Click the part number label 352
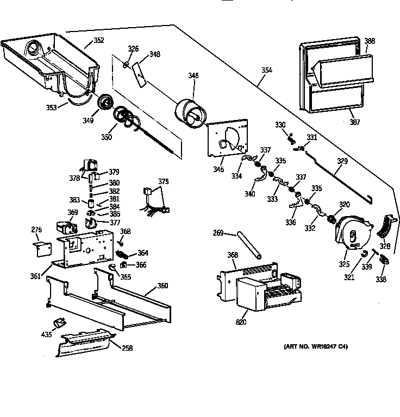coord(98,40)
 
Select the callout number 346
coord(193,76)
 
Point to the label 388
coord(369,41)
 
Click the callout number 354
coord(266,70)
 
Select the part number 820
coord(241,322)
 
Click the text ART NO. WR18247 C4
coord(315,346)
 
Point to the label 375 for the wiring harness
coord(164,182)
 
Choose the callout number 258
coord(127,348)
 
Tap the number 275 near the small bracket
coord(36,230)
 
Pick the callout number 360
coord(162,286)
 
